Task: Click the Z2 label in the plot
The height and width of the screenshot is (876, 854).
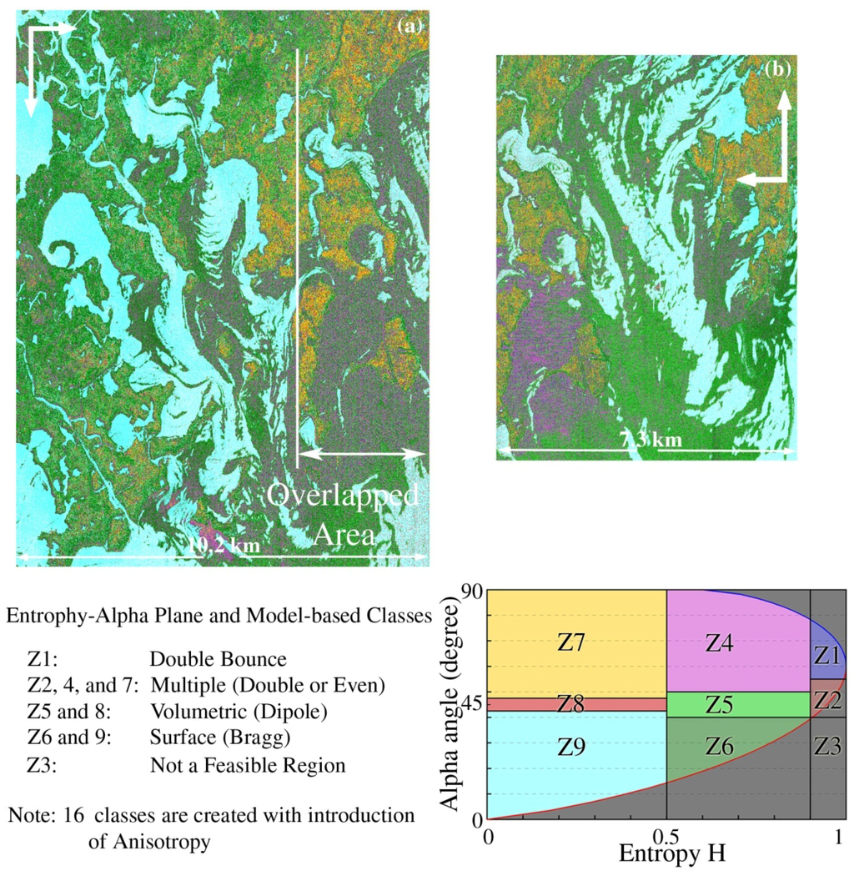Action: pyautogui.click(x=827, y=701)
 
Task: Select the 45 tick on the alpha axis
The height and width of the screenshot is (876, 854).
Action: pyautogui.click(x=472, y=705)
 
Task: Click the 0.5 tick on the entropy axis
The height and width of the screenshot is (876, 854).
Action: pyautogui.click(x=666, y=835)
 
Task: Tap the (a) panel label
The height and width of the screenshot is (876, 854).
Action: pyautogui.click(x=409, y=26)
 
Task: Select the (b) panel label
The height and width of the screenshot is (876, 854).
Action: pyautogui.click(x=777, y=70)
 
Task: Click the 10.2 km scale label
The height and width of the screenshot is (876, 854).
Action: pyautogui.click(x=223, y=546)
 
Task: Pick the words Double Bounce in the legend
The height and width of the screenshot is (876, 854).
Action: pyautogui.click(x=218, y=660)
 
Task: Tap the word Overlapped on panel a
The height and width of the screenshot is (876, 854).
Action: pyautogui.click(x=343, y=497)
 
